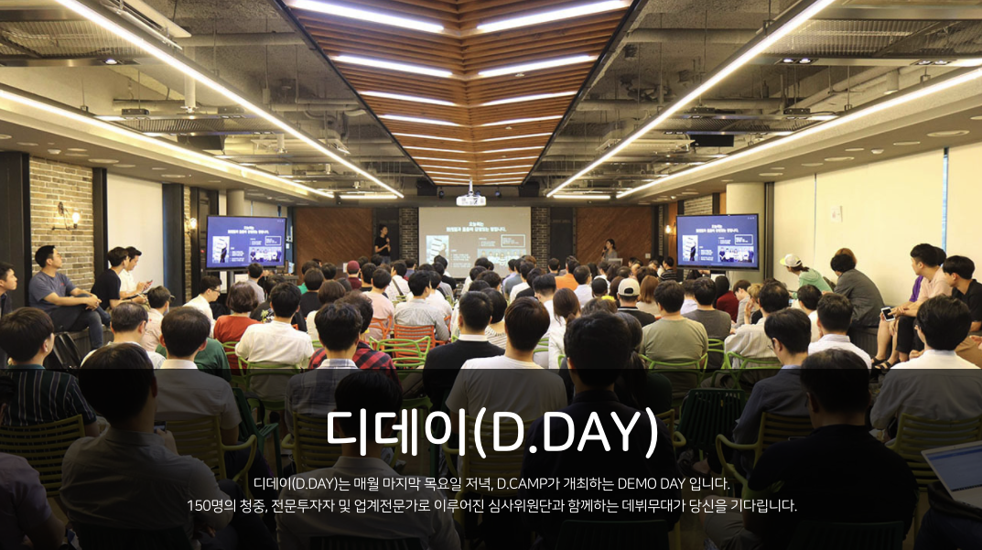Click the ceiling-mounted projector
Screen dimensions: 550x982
tap(470, 197)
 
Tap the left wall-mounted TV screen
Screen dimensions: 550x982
tap(245, 242)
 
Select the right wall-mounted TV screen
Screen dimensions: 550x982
tap(718, 241)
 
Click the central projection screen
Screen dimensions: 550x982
tap(474, 239)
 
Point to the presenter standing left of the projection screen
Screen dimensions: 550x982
tap(383, 243)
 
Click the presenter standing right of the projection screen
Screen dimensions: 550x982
tap(609, 252)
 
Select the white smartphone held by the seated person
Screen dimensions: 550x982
tap(886, 313)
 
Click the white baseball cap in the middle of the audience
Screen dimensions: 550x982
tap(629, 287)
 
